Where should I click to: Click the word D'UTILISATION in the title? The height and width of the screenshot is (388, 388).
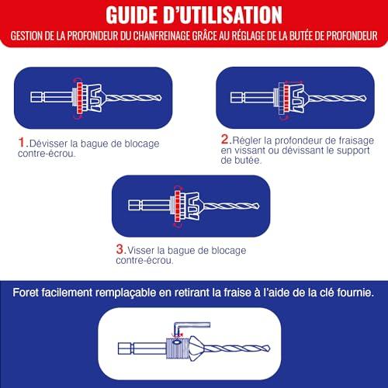[223, 15]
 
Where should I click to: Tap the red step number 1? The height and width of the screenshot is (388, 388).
[21, 143]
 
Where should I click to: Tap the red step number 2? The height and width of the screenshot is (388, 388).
[225, 140]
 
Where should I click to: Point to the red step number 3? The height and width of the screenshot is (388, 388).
[120, 249]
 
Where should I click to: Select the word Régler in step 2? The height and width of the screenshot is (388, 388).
[247, 140]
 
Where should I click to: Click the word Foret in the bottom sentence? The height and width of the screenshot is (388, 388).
[25, 293]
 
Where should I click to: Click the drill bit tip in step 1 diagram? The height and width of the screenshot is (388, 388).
[161, 98]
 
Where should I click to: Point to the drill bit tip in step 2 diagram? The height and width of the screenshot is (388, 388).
[365, 99]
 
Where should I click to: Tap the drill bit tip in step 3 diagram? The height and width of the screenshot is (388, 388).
[258, 206]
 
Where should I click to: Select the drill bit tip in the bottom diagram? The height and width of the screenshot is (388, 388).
[268, 348]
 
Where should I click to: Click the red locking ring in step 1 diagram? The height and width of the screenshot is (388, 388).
[79, 98]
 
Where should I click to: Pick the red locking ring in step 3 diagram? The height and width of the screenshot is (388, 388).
[177, 206]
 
